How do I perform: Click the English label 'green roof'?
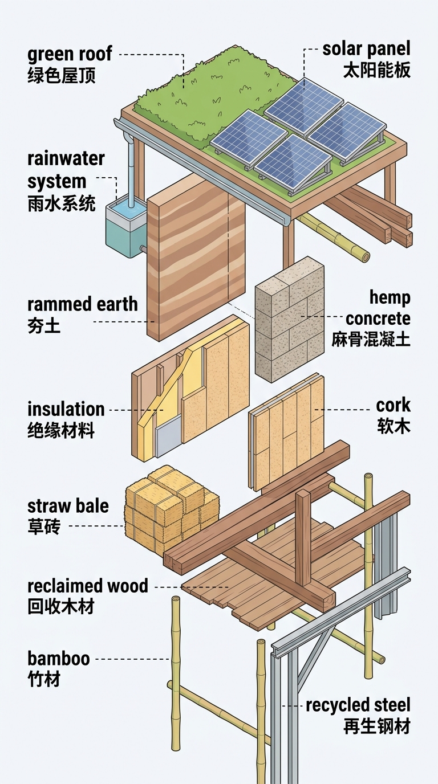(x=70, y=54)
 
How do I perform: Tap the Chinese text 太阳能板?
(x=376, y=70)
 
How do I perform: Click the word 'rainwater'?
(x=66, y=158)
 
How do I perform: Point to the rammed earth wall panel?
(x=196, y=258)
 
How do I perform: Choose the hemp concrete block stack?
(x=290, y=319)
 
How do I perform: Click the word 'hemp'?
(x=390, y=297)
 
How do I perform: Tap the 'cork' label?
(x=393, y=405)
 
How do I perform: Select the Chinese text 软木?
(x=394, y=426)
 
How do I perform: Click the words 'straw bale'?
(x=68, y=506)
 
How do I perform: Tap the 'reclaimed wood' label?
(x=88, y=586)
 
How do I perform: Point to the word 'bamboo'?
(x=59, y=659)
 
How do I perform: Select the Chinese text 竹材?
(x=44, y=679)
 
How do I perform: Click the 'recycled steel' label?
(x=358, y=705)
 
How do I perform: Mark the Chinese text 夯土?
(x=44, y=325)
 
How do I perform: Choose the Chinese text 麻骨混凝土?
(x=371, y=339)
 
